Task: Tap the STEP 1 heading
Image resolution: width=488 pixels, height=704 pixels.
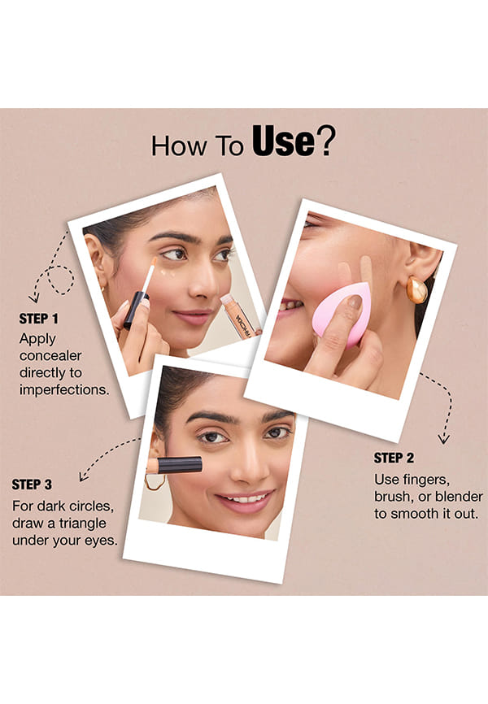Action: click(x=39, y=319)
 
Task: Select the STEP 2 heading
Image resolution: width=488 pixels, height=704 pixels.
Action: click(x=394, y=458)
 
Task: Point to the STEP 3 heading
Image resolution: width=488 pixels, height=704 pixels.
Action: click(x=32, y=485)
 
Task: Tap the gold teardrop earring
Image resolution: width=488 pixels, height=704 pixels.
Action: click(x=417, y=289)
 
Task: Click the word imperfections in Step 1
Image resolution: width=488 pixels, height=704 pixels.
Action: click(x=64, y=389)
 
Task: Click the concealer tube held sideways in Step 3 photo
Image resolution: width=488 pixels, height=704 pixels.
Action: click(x=174, y=466)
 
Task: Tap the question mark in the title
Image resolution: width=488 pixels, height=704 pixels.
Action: click(x=326, y=141)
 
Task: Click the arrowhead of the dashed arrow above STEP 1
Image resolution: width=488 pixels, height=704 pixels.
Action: click(x=33, y=298)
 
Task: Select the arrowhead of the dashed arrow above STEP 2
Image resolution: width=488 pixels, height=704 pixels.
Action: click(x=444, y=439)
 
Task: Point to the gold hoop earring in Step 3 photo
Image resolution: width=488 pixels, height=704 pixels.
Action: click(x=155, y=482)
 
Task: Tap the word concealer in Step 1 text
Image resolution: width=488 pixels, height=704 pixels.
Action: click(x=50, y=355)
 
